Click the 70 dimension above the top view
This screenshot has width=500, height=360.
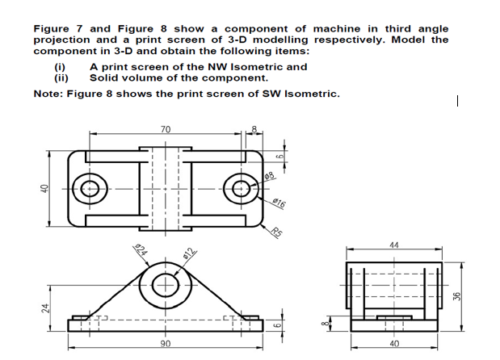pyautogui.click(x=166, y=129)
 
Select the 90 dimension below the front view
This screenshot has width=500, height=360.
pyautogui.click(x=166, y=345)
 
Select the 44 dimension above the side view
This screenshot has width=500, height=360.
pyautogui.click(x=394, y=245)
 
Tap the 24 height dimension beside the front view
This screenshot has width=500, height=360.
pyautogui.click(x=46, y=308)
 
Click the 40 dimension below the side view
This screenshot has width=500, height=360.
pyautogui.click(x=394, y=345)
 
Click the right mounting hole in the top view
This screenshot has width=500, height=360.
pyautogui.click(x=242, y=189)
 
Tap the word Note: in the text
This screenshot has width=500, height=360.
pyautogui.click(x=50, y=94)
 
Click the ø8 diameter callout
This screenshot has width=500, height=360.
pyautogui.click(x=271, y=176)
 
